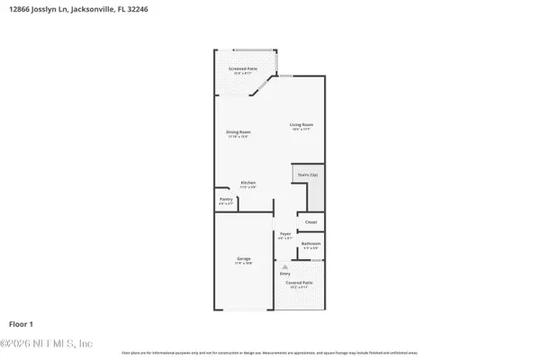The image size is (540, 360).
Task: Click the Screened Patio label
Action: pyautogui.click(x=238, y=68)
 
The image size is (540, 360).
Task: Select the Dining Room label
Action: pyautogui.click(x=238, y=132)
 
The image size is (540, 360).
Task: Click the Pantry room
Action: pyautogui.click(x=225, y=202)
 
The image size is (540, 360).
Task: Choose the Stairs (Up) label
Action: pyautogui.click(x=307, y=174)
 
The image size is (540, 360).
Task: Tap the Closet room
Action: pyautogui.click(x=310, y=221)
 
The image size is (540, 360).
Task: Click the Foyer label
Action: pyautogui.click(x=285, y=234)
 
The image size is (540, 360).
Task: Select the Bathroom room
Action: pyautogui.click(x=310, y=244)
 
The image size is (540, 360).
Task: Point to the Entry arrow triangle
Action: pyautogui.click(x=285, y=266)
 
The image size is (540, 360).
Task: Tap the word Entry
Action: pyautogui.click(x=285, y=274)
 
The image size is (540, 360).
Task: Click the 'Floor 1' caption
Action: pyautogui.click(x=22, y=322)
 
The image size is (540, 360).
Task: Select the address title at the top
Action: pyautogui.click(x=77, y=9)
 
